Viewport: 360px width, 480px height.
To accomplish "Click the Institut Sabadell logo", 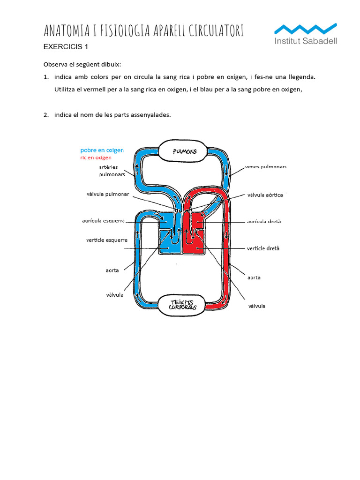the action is [x=305, y=33].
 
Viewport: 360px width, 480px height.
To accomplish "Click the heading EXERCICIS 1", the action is [x=66, y=46].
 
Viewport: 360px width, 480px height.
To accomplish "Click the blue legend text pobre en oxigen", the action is [x=102, y=150].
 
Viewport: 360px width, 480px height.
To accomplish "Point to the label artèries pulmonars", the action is [x=112, y=171].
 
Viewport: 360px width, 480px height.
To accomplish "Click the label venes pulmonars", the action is [x=265, y=167].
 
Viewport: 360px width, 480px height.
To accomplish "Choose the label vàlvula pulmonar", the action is [x=107, y=194].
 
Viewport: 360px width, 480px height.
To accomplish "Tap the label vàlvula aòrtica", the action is [x=265, y=195].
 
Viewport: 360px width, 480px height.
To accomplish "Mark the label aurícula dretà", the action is [x=263, y=221].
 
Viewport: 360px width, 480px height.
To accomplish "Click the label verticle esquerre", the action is [x=107, y=240].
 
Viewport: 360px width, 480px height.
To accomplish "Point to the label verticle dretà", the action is [x=263, y=248].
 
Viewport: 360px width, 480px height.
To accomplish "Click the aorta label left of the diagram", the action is [x=112, y=270].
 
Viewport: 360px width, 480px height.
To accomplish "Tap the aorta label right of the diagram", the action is [x=254, y=277].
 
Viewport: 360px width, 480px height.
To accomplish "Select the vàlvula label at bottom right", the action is [x=256, y=306].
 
